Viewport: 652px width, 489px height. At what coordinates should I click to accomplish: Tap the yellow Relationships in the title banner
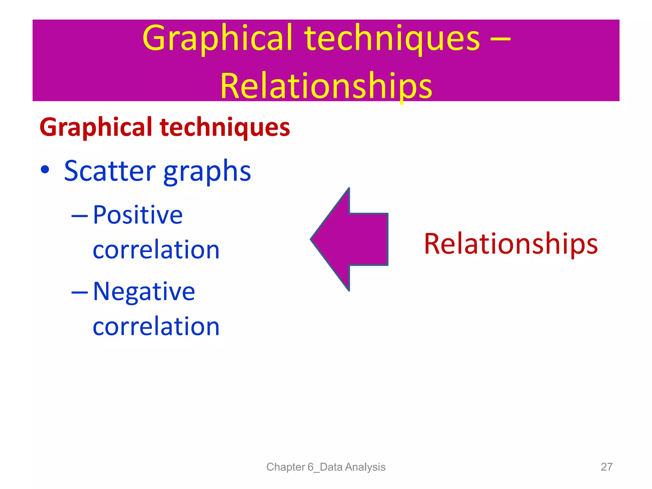point(326,86)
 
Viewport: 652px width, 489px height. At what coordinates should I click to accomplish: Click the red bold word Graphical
point(96,127)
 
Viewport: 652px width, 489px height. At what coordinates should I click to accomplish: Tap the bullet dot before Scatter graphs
point(45,170)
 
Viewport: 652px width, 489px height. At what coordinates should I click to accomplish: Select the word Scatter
point(110,171)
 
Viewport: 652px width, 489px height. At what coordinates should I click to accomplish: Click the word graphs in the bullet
point(207,172)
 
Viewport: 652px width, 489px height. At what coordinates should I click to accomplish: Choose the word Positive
point(138,215)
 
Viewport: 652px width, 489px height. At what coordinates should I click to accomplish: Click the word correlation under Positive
point(156,250)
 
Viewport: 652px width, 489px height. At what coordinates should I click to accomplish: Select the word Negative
point(144,292)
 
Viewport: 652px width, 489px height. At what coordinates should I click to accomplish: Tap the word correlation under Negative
point(156,327)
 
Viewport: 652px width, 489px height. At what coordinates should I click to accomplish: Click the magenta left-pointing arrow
point(353,239)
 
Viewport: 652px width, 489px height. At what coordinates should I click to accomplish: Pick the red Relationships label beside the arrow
point(511,244)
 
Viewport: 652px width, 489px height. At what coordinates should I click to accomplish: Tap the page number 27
point(606,467)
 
